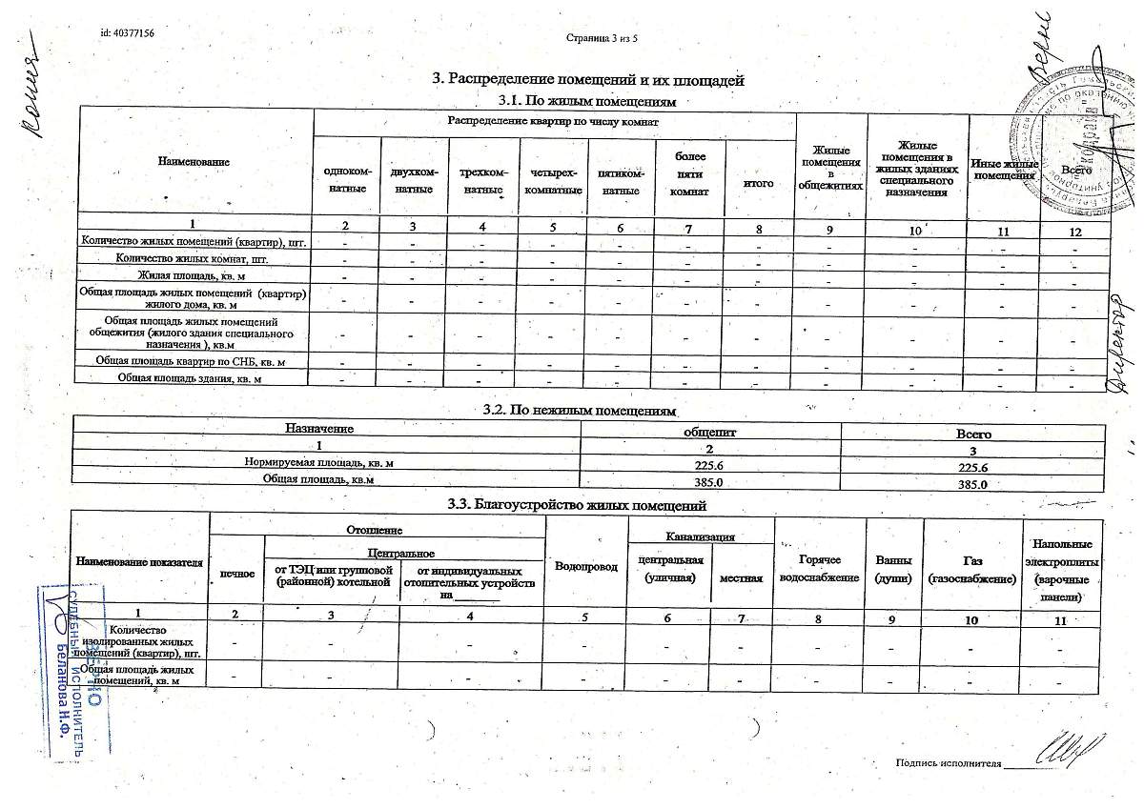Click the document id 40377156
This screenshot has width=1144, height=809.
pyautogui.click(x=127, y=33)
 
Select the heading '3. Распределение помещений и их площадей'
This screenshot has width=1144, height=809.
pyautogui.click(x=588, y=80)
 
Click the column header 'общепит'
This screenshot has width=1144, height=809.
pyautogui.click(x=709, y=432)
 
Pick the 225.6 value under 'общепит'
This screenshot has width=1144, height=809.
pyautogui.click(x=709, y=466)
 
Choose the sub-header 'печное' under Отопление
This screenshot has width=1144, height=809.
pyautogui.click(x=236, y=575)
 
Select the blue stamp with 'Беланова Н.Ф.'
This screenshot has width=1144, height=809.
pyautogui.click(x=71, y=672)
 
